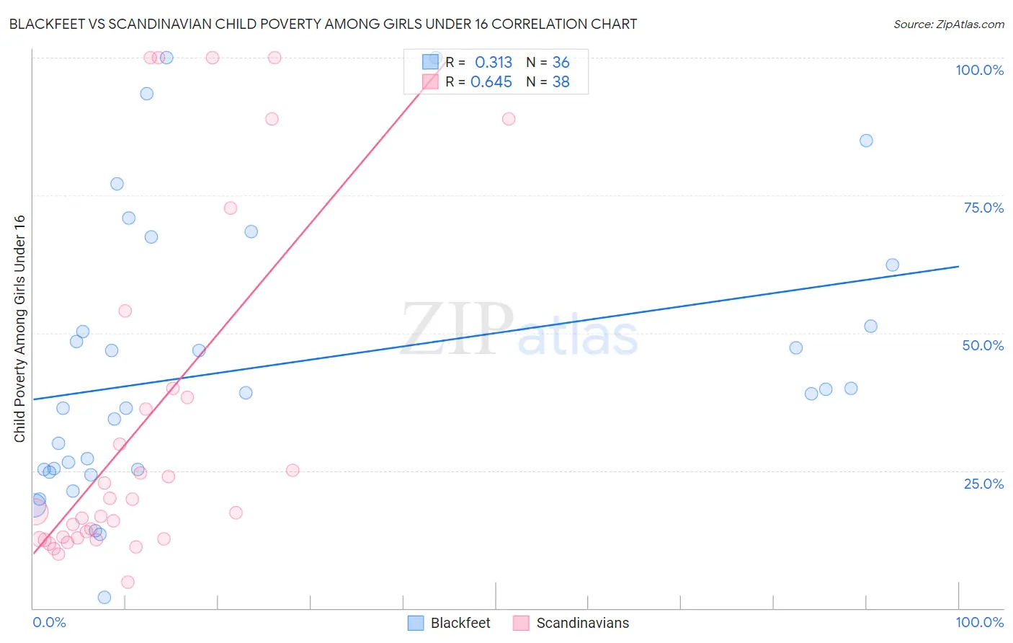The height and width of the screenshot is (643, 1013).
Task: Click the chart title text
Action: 323,24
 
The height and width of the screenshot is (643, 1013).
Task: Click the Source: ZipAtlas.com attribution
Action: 948,24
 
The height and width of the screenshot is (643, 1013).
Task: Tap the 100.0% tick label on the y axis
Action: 979,70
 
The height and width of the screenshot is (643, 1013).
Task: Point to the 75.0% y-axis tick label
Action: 983,208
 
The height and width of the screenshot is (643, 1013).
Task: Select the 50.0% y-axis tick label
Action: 983,345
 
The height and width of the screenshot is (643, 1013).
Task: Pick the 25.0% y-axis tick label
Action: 983,483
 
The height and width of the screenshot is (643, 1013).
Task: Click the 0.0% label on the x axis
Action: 49,622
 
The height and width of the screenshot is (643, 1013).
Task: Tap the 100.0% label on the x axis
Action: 979,622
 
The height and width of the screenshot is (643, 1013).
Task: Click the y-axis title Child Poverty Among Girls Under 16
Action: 19,329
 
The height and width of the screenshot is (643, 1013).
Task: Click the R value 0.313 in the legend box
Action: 494,63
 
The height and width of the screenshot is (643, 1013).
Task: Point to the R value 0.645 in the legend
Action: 491,82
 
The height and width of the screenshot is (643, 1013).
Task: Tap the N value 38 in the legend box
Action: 561,82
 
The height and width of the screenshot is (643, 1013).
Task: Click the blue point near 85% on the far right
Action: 866,141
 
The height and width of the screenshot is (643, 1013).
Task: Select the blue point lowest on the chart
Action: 104,597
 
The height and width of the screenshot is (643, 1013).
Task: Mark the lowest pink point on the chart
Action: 128,582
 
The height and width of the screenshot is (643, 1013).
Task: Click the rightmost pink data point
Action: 509,119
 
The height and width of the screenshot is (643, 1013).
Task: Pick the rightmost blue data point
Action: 892,265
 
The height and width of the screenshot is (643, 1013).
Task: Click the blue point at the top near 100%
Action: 166,58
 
